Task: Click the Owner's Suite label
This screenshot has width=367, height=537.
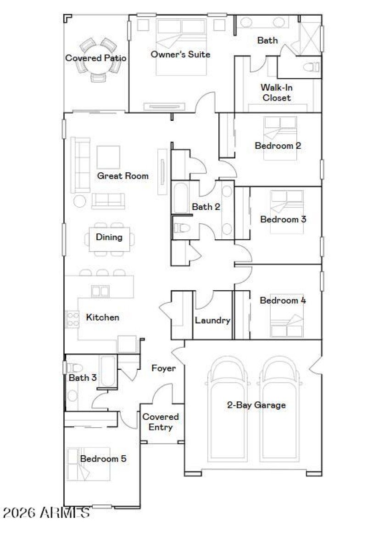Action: pos(180,54)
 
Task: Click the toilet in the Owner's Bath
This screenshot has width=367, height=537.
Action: pos(311,68)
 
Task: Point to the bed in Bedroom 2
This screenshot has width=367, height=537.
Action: pos(280,138)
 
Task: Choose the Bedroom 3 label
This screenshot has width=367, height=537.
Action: pos(283,219)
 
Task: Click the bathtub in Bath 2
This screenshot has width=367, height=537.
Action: pos(180,198)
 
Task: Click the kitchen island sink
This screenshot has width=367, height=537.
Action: pos(100,291)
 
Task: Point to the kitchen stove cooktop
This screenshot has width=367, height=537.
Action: pos(72,318)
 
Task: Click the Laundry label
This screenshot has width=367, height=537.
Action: pos(212,320)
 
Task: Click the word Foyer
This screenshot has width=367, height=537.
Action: pos(163,368)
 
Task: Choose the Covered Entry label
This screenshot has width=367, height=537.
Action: pos(161,422)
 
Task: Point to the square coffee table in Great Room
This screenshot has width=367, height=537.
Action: pos(108,157)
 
